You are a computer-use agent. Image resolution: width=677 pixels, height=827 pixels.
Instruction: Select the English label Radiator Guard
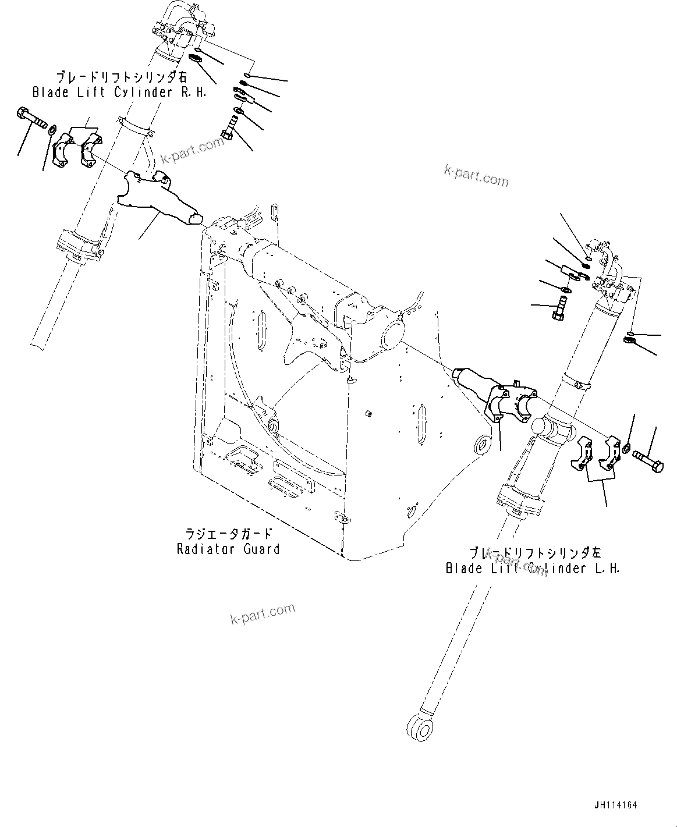pyautogui.click(x=228, y=549)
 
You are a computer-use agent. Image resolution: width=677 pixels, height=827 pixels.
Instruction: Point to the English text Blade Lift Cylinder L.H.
pyautogui.click(x=532, y=568)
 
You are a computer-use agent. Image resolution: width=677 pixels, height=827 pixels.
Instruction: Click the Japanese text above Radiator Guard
pyautogui.click(x=229, y=533)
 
